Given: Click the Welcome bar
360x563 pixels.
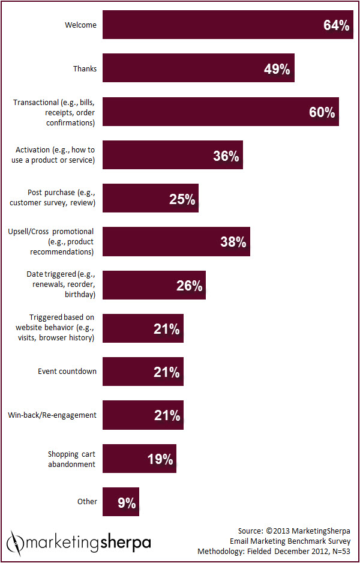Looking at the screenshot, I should pos(228,25).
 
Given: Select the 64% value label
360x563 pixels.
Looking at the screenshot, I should pos(336,26).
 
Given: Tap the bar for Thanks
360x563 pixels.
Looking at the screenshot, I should pos(198,68).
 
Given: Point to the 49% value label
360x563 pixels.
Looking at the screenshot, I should pos(277,69).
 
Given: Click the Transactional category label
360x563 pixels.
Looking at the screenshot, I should pos(53,113).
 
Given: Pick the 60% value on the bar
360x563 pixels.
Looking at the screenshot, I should pos(322,112).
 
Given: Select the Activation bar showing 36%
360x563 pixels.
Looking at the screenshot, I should pos(172,155).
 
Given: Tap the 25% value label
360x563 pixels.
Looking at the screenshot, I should pos(182,199).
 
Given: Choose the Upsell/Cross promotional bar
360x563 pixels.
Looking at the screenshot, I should pos(176,242).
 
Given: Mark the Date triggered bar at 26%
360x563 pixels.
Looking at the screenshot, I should pos(154,285).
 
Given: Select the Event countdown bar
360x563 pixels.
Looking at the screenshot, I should pos(143,372).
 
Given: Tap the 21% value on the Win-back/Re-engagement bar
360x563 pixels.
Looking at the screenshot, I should pos(166,415).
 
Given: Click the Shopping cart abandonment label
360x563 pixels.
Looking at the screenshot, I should pos(71,459).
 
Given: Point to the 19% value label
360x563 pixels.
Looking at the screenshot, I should pos(160,459).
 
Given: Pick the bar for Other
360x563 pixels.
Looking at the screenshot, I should pos(121,502).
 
